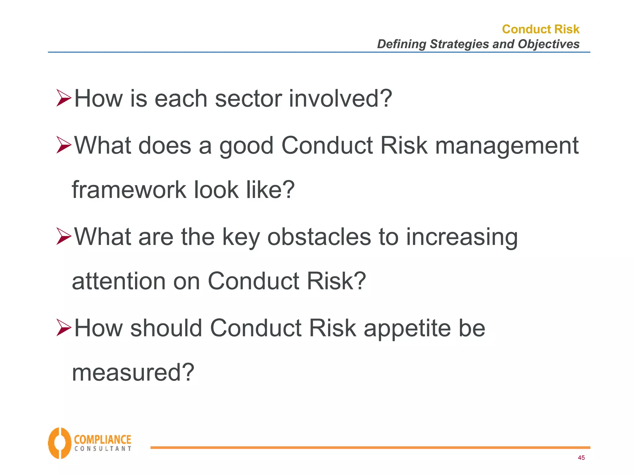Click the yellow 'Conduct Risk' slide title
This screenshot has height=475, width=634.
pyautogui.click(x=541, y=29)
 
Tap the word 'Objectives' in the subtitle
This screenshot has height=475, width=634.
pyautogui.click(x=549, y=44)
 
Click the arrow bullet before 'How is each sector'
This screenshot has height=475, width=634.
pyautogui.click(x=64, y=98)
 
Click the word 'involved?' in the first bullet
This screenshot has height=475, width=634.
pyautogui.click(x=341, y=99)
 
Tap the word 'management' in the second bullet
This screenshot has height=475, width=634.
pyautogui.click(x=507, y=145)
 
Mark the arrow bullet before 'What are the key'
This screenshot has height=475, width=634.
pyautogui.click(x=64, y=237)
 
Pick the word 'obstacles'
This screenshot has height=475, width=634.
pyautogui.click(x=319, y=237)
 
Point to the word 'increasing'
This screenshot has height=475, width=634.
pyautogui.click(x=462, y=237)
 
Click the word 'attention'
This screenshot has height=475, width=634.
pyautogui.click(x=119, y=281)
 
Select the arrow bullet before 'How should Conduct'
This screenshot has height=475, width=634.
pyautogui.click(x=64, y=328)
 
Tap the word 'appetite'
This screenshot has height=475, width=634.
pyautogui.click(x=407, y=329)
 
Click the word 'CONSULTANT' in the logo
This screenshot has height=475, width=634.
pyautogui.click(x=103, y=449)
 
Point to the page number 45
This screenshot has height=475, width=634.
pyautogui.click(x=581, y=458)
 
